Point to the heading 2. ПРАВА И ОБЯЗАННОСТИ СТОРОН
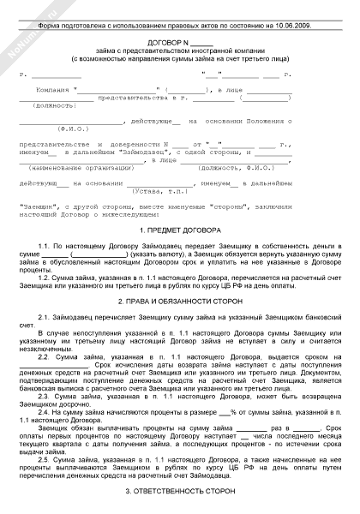click(x=180, y=302)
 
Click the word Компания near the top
click(x=52, y=88)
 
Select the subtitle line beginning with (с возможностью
click(x=180, y=59)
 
